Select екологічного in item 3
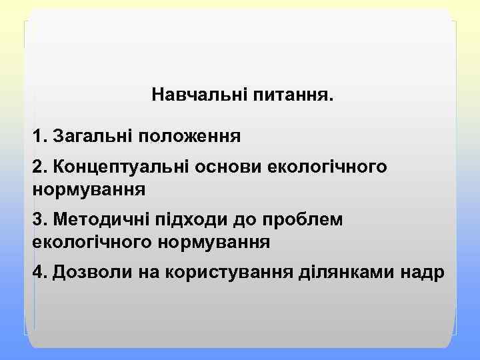(92, 242)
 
